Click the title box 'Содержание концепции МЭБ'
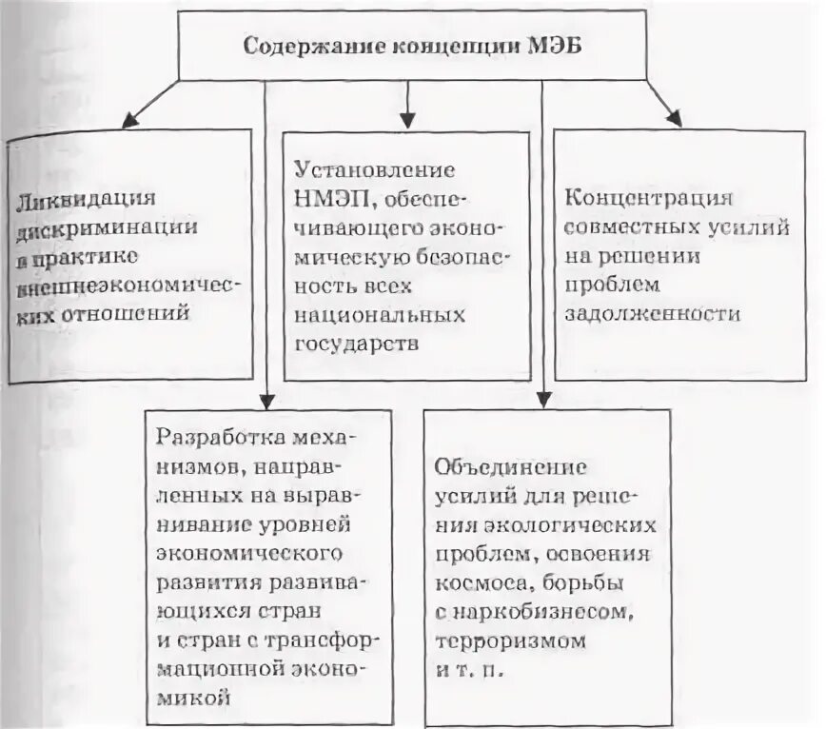pos(411,46)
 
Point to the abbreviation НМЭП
pos(326,201)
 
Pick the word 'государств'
pos(356,343)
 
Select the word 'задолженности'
pos(652,313)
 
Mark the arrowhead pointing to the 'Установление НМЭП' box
pos(408,121)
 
